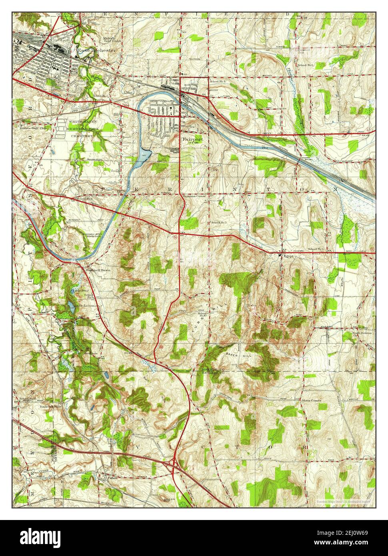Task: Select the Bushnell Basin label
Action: coord(98,270)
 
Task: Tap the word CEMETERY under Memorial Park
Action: coord(82,136)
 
